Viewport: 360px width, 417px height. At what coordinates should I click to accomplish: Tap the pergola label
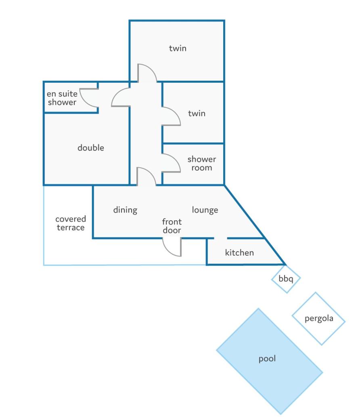pyautogui.click(x=319, y=318)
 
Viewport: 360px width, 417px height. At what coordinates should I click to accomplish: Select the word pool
pyautogui.click(x=267, y=359)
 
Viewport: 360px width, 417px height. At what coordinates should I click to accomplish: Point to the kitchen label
pyautogui.click(x=239, y=252)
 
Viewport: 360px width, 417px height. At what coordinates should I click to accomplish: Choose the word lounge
pyautogui.click(x=205, y=210)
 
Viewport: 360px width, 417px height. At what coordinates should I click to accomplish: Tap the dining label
pyautogui.click(x=125, y=210)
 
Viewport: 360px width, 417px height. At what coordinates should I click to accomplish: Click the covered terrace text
pyautogui.click(x=71, y=223)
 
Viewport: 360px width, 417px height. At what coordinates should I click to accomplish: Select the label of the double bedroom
pyautogui.click(x=91, y=148)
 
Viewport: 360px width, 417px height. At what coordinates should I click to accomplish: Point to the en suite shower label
pyautogui.click(x=62, y=98)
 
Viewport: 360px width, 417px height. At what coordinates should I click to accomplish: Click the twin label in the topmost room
pyautogui.click(x=178, y=48)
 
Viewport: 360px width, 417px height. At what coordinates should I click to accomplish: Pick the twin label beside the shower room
pyautogui.click(x=197, y=113)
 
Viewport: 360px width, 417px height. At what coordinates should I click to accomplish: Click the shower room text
pyautogui.click(x=202, y=163)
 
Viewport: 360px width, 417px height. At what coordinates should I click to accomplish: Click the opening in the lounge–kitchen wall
pyautogui.click(x=221, y=238)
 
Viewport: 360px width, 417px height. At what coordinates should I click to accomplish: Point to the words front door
pyautogui.click(x=172, y=226)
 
